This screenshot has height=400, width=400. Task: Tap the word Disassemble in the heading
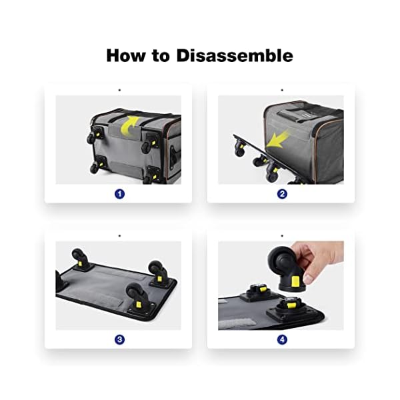tap(235, 55)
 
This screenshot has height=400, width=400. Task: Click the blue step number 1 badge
tap(119, 194)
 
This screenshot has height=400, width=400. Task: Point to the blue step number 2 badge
tap(282, 194)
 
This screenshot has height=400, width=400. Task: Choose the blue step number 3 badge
tap(119, 339)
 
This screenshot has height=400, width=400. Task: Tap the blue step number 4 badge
tap(282, 339)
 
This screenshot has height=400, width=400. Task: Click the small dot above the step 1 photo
tap(119, 89)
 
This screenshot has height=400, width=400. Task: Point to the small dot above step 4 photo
tap(281, 235)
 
